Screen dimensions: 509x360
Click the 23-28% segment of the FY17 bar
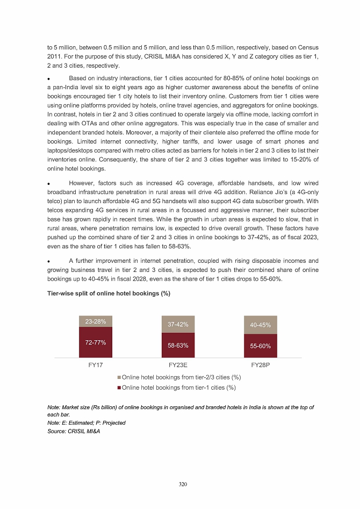coord(95,321)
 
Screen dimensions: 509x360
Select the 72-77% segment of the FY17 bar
coord(95,342)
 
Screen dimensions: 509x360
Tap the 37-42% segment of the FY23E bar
coord(178,325)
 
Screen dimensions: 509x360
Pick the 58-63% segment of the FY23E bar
coord(178,345)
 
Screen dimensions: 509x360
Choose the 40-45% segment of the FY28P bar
coord(261,325)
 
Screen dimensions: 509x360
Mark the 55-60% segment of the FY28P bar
coord(261,346)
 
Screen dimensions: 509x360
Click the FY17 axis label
coord(95,365)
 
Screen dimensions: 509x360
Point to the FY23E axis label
coord(178,365)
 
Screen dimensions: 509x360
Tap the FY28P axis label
coord(261,365)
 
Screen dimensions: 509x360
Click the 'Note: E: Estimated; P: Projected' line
coord(86,423)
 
